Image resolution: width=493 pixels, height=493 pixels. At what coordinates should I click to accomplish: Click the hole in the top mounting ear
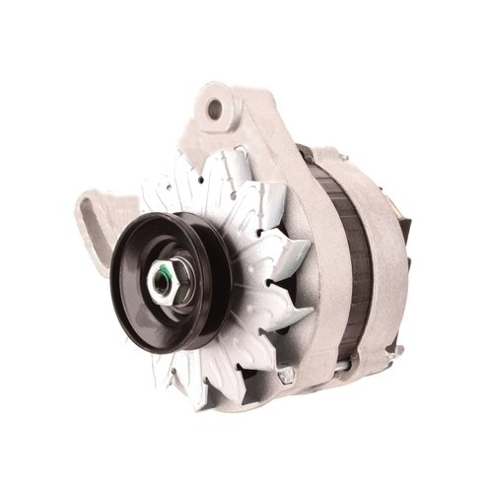[219, 104]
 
